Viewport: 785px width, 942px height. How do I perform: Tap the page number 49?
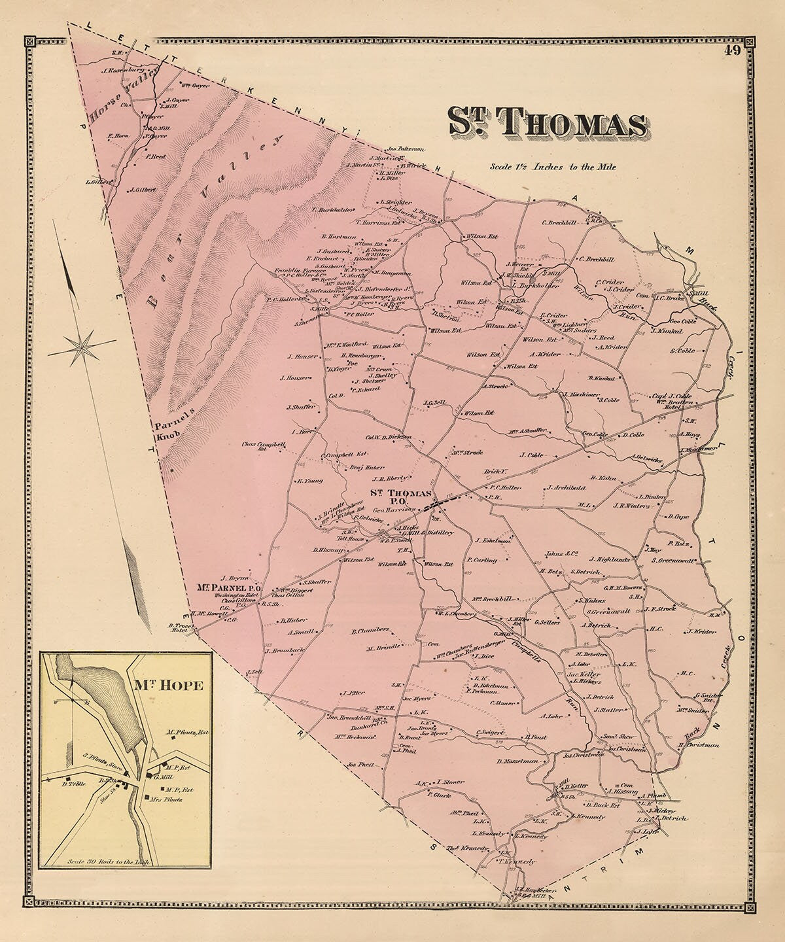click(x=732, y=52)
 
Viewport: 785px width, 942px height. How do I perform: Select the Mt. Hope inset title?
click(x=169, y=686)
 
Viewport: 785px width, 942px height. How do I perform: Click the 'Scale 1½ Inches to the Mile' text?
click(x=553, y=167)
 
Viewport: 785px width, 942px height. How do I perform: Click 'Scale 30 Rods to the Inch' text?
click(x=109, y=862)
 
